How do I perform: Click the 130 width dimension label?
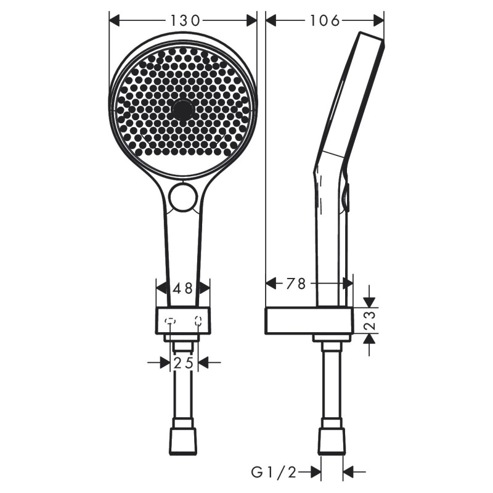185,20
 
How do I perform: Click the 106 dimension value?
325,20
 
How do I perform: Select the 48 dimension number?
183,288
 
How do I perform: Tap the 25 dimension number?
183,363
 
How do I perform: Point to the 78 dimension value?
296,283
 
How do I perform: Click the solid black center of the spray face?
183,110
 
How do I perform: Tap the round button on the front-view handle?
183,197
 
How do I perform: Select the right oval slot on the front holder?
198,320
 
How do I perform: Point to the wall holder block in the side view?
308,320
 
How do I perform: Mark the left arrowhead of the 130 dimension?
115,20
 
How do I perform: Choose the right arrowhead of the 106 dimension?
378,20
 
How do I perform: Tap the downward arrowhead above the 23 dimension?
369,301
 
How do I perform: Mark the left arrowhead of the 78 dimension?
271,283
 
